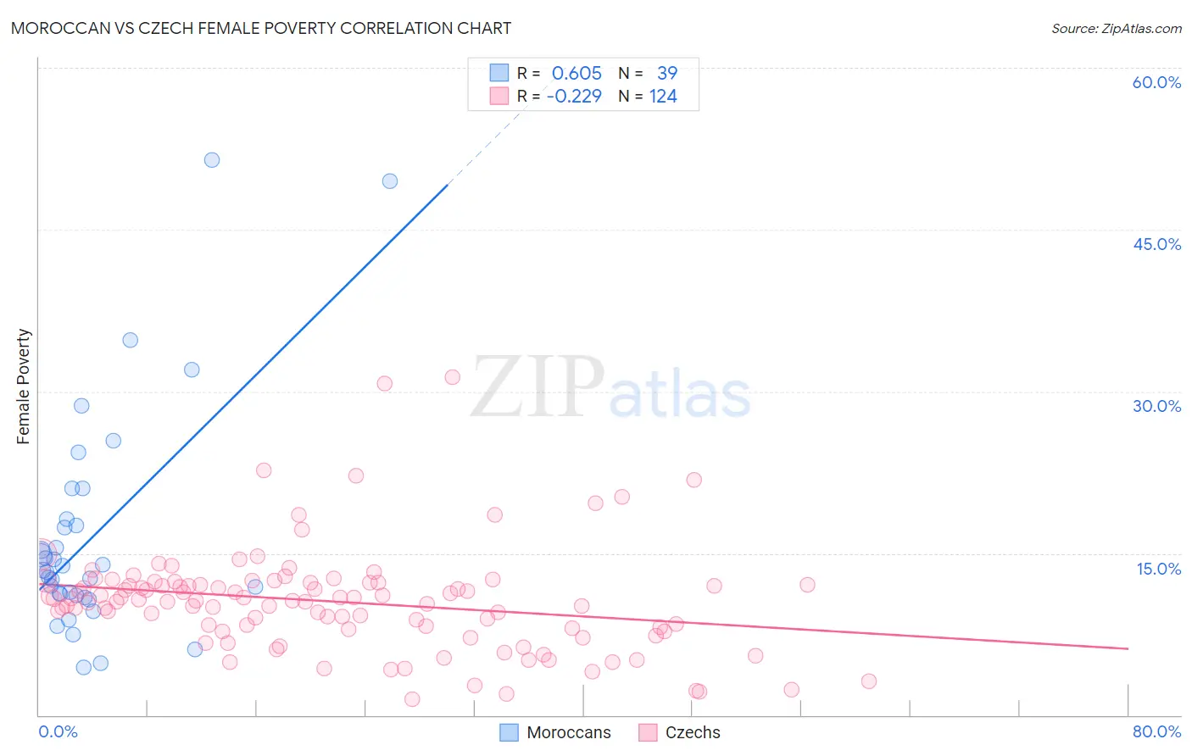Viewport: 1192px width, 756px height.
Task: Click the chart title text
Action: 261,28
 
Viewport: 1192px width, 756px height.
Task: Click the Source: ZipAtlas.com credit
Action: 1116,28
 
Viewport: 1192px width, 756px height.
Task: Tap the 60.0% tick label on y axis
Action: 1156,82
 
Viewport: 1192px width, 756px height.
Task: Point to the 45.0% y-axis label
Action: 1156,244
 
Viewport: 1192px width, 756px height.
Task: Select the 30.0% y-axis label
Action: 1156,406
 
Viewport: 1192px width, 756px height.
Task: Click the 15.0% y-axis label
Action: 1158,569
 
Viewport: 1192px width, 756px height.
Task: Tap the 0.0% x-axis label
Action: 58,731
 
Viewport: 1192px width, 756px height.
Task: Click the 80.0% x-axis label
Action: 1156,731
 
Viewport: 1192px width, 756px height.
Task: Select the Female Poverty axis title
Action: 24,386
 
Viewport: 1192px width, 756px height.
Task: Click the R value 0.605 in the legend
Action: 577,74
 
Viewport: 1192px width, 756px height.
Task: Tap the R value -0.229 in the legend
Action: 574,97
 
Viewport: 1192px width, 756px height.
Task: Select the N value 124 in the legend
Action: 663,97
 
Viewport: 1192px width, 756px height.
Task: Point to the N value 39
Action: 667,74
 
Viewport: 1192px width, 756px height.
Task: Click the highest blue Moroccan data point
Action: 212,160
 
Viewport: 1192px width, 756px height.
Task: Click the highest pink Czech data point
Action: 453,377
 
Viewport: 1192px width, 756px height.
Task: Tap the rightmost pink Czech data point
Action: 868,681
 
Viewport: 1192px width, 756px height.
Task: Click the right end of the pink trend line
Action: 1128,648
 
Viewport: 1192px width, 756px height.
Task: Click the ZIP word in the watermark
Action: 538,387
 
